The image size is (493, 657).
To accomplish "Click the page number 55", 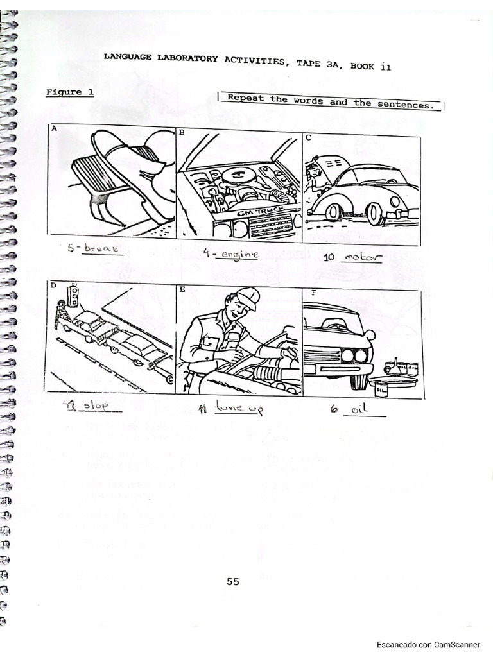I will click(x=232, y=582).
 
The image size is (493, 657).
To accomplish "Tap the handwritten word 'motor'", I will click(x=362, y=258).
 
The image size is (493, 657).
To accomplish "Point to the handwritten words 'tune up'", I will click(x=238, y=408).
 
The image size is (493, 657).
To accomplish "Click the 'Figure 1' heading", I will click(x=70, y=92).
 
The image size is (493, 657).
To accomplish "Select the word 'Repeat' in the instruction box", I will click(x=247, y=99).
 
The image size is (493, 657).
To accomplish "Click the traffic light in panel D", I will click(x=74, y=296).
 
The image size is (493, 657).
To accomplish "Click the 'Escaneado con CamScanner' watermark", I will click(x=428, y=644).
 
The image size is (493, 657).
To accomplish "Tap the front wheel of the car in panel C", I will click(x=375, y=214).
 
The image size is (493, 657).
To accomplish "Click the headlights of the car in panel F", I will click(x=355, y=354).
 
